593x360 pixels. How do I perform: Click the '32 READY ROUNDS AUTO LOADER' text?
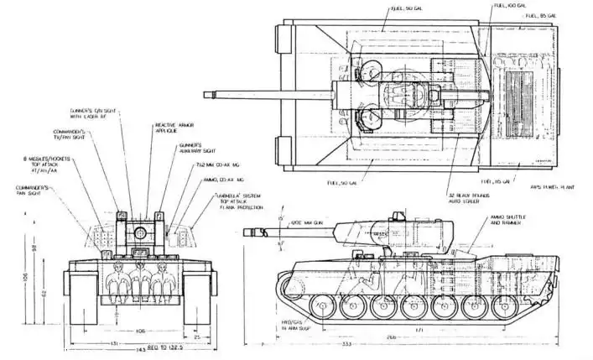click(x=469, y=198)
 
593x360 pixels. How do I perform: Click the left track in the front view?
click(x=84, y=298)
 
